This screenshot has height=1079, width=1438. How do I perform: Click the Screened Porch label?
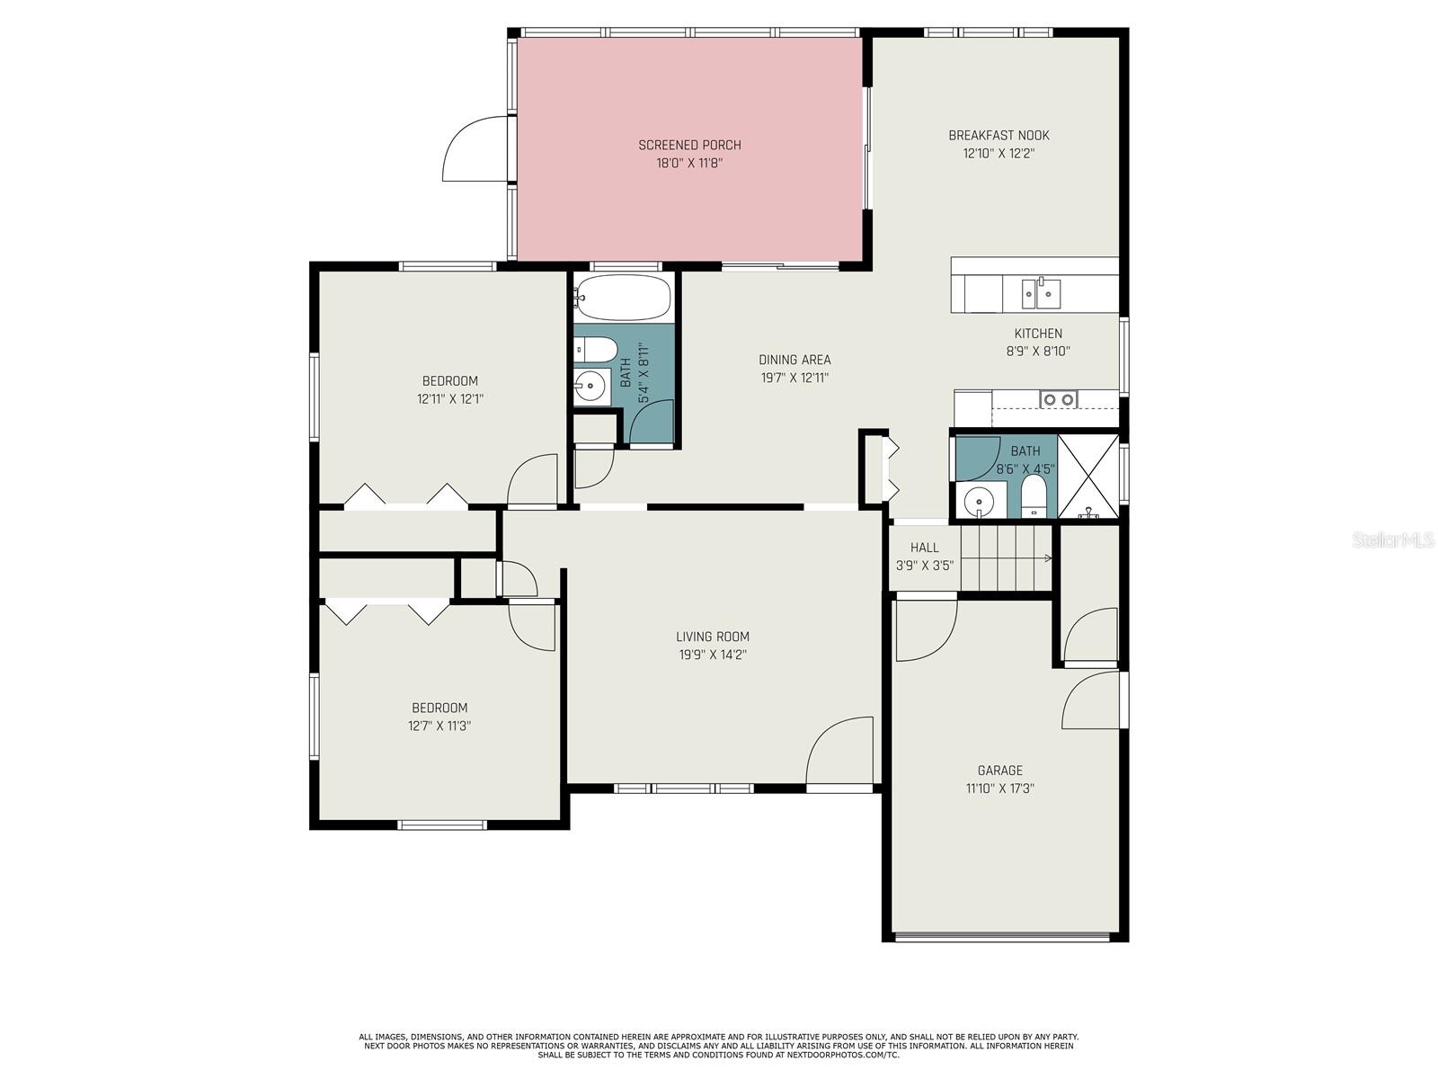coord(689,145)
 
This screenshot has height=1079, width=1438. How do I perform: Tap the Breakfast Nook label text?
coord(999,136)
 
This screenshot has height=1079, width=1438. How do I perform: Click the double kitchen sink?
coord(1041,293)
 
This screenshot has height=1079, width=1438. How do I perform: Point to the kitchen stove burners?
coord(1059,398)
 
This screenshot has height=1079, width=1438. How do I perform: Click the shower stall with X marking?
coord(1087,476)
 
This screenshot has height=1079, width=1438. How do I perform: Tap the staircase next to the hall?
coord(1006,558)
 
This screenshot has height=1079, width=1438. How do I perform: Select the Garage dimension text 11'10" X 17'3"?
coord(999,789)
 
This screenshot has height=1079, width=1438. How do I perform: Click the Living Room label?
coord(712,636)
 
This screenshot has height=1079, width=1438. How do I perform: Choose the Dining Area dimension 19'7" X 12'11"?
coord(794,378)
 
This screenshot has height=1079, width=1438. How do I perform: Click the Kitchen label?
coord(1038,333)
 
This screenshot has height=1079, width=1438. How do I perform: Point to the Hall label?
coord(925,547)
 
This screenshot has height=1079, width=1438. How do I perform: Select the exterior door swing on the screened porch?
coord(477,148)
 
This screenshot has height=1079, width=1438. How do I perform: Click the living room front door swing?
coord(839,750)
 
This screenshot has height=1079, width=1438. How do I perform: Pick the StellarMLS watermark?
coord(1393,540)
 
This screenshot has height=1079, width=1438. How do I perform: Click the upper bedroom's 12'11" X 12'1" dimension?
coord(450,398)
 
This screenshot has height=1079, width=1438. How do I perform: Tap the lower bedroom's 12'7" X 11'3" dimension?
coord(439,726)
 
